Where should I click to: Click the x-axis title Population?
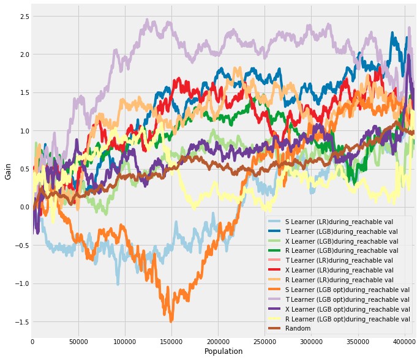point(223,351)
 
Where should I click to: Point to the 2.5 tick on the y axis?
point(23,15)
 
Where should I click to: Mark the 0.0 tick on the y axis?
point(23,207)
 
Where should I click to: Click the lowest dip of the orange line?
point(171,320)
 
